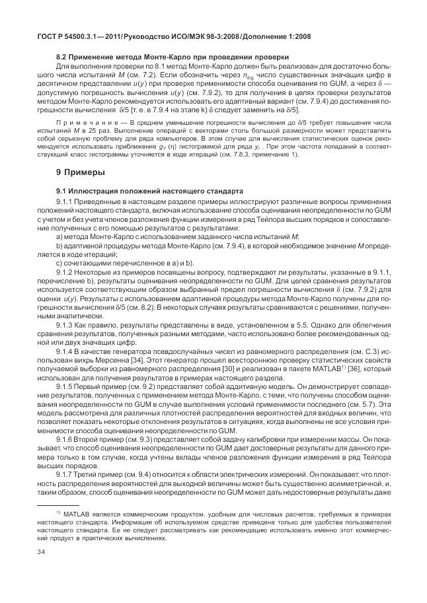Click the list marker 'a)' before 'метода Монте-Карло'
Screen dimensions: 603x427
point(59,236)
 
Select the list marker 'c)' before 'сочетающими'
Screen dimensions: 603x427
point(59,262)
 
